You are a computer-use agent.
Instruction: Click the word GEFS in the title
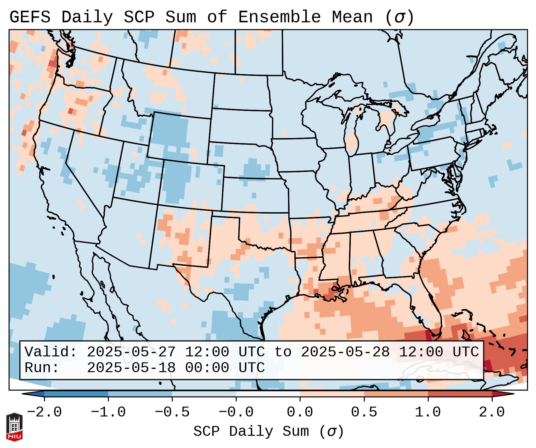click(30, 17)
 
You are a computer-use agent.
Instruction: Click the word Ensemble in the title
click(279, 17)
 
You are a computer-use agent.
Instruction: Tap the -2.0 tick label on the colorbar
click(44, 412)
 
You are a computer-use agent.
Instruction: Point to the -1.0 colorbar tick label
click(108, 412)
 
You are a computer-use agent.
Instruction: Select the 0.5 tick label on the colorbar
click(364, 412)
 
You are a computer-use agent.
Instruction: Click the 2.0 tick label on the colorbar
click(492, 412)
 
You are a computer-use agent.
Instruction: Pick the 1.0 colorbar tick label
click(428, 412)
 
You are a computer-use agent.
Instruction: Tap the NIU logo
click(14, 427)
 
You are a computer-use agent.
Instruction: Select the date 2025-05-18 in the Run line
click(131, 368)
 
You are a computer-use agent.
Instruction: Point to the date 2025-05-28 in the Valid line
click(345, 352)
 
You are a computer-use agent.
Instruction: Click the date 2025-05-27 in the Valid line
click(131, 352)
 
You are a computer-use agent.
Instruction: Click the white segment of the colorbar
click(268, 394)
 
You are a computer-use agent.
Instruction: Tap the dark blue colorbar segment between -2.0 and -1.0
click(76, 394)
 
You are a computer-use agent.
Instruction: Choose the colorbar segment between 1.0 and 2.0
click(460, 394)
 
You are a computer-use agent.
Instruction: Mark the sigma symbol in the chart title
click(399, 18)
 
